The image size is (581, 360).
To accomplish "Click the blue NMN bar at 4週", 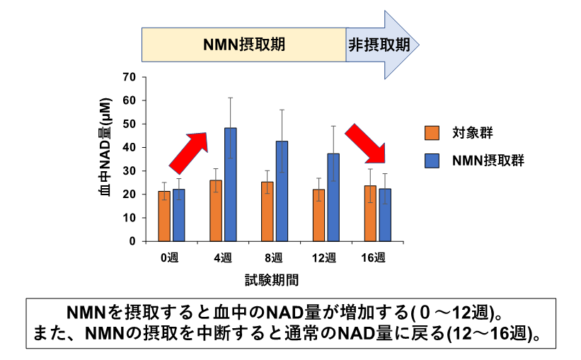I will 231,185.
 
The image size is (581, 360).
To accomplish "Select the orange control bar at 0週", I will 163,216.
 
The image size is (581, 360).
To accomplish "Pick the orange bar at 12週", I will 318,215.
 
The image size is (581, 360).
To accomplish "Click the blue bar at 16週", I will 384,214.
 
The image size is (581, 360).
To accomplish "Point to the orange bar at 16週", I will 369,213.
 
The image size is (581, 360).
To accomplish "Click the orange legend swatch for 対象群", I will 432,133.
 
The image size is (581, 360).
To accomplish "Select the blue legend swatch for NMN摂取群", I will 432,161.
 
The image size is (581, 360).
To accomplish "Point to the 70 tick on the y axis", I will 129,77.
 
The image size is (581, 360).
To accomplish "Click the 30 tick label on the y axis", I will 129,171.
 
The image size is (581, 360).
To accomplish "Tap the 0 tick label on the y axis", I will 132,241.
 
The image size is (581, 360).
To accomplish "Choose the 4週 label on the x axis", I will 223,258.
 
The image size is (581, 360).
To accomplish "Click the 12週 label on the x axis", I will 326,258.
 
